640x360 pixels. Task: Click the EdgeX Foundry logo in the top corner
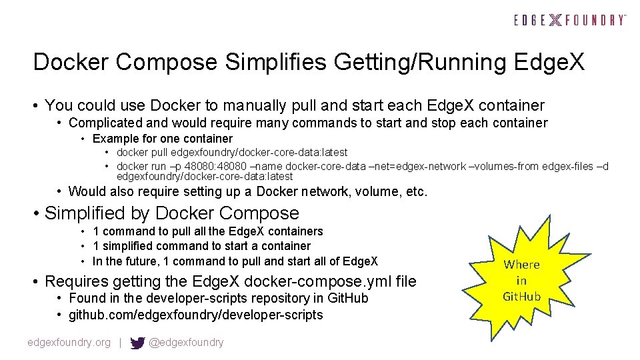tap(570, 20)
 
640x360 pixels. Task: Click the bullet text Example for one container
tap(162, 139)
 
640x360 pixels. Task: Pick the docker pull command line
tap(232, 153)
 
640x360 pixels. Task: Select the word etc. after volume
tap(416, 191)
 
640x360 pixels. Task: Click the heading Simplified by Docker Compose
tap(171, 213)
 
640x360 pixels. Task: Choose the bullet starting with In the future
tap(235, 261)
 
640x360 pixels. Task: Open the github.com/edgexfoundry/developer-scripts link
tap(195, 315)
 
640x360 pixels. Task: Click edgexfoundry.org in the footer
tap(69, 343)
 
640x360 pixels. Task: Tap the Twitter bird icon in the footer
tap(137, 343)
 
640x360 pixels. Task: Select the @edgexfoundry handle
tap(186, 343)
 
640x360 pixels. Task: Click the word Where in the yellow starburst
tap(521, 265)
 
